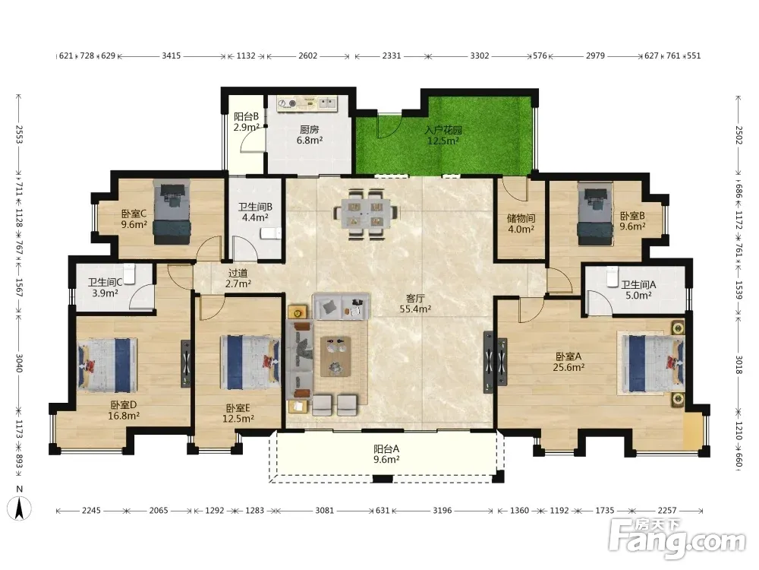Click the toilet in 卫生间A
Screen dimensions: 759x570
pos(612,277)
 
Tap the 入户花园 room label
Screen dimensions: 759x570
pos(443,130)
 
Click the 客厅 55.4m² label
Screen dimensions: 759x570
pos(415,303)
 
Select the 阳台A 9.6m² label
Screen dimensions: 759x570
pos(386,454)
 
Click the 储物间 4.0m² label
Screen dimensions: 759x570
pos(521,223)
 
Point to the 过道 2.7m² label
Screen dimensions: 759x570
pos(238,279)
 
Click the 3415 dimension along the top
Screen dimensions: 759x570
pos(172,55)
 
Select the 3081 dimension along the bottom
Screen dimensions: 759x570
pos(324,511)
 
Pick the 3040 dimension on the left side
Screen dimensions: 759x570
pos(20,363)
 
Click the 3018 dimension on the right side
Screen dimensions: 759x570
pos(739,365)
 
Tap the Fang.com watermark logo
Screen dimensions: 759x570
pos(677,539)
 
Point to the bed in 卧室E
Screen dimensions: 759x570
pos(250,362)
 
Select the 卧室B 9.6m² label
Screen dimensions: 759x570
pos(633,221)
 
